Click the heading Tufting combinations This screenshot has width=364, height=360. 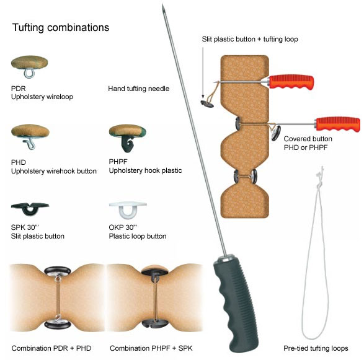(61, 27)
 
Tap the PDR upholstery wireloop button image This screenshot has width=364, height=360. (30, 66)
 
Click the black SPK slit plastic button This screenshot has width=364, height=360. (30, 209)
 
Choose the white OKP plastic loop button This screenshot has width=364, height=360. (128, 209)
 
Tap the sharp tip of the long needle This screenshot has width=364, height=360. (162, 4)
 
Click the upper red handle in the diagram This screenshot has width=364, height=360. (291, 82)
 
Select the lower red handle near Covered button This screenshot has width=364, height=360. (338, 124)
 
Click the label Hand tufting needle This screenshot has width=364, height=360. (138, 89)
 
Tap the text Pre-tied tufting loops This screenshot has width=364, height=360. (316, 348)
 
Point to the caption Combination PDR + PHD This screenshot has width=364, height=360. (51, 348)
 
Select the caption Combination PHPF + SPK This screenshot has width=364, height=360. (151, 348)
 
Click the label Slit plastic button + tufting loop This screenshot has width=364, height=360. (250, 39)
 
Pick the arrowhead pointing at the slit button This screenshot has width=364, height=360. (203, 96)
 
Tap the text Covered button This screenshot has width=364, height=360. (308, 139)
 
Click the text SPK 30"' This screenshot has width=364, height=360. (25, 227)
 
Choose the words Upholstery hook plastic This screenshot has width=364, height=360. (145, 170)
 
